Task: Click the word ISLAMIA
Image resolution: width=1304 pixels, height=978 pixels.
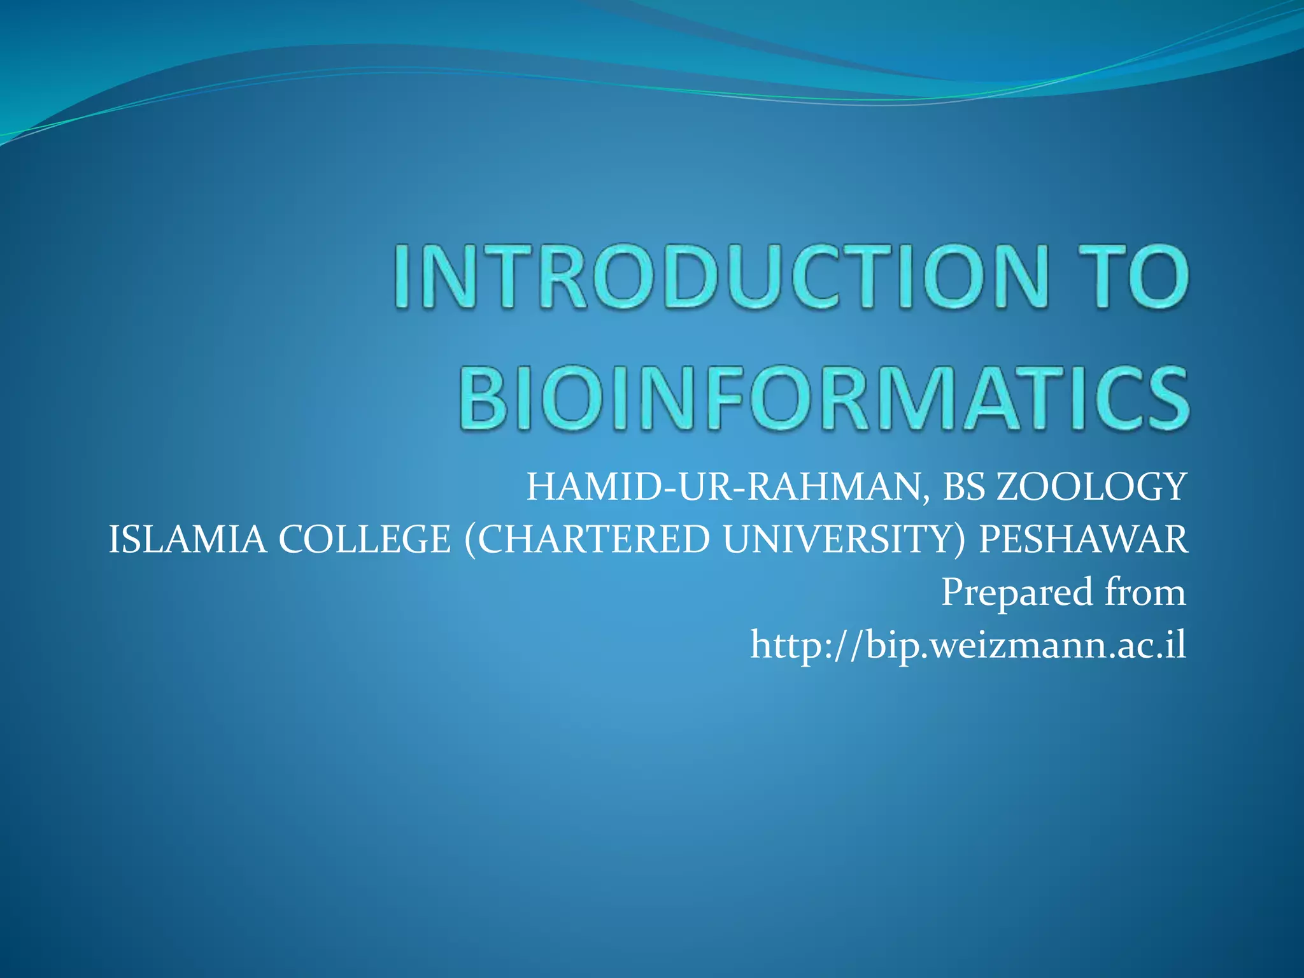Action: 188,540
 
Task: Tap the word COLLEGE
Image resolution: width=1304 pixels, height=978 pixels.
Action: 364,540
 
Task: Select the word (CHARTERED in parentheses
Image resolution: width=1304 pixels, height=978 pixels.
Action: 587,540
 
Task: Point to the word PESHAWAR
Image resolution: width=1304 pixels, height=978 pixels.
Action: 1082,540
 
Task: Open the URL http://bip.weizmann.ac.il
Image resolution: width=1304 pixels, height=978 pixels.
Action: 968,646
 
